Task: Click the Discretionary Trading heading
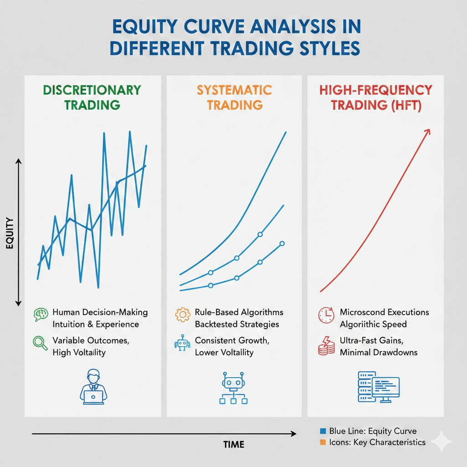click(93, 97)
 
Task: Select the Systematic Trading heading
click(234, 97)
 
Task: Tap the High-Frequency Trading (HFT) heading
click(375, 97)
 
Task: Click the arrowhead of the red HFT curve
click(427, 131)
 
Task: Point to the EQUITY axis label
click(10, 233)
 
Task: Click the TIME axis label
click(233, 444)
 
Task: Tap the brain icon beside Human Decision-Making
click(41, 314)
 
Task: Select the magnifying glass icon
click(41, 343)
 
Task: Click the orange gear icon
click(182, 314)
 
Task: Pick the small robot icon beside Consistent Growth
click(182, 343)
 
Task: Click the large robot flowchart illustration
click(233, 388)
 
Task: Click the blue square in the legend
click(323, 431)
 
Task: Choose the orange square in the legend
click(323, 442)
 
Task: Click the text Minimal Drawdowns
click(379, 352)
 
